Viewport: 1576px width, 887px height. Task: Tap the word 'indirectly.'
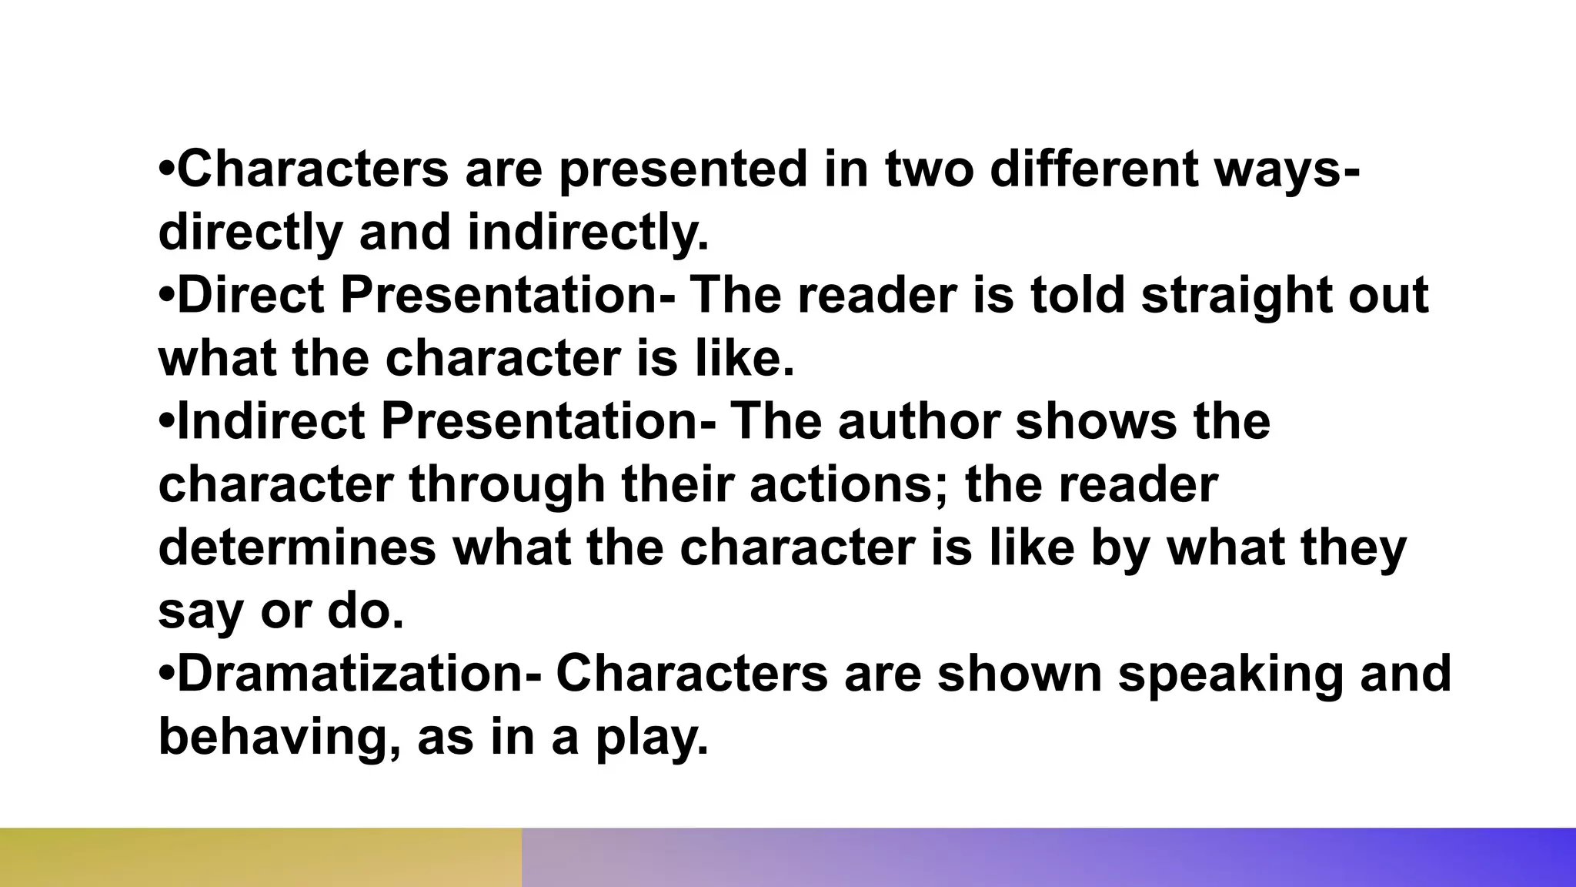coord(588,233)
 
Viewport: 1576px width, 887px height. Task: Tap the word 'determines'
coord(296,548)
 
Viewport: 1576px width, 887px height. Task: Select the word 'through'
coord(508,485)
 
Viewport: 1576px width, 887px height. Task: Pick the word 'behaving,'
coord(279,738)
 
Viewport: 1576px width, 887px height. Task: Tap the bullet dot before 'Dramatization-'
coord(167,674)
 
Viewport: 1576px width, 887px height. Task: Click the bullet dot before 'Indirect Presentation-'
coord(167,422)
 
